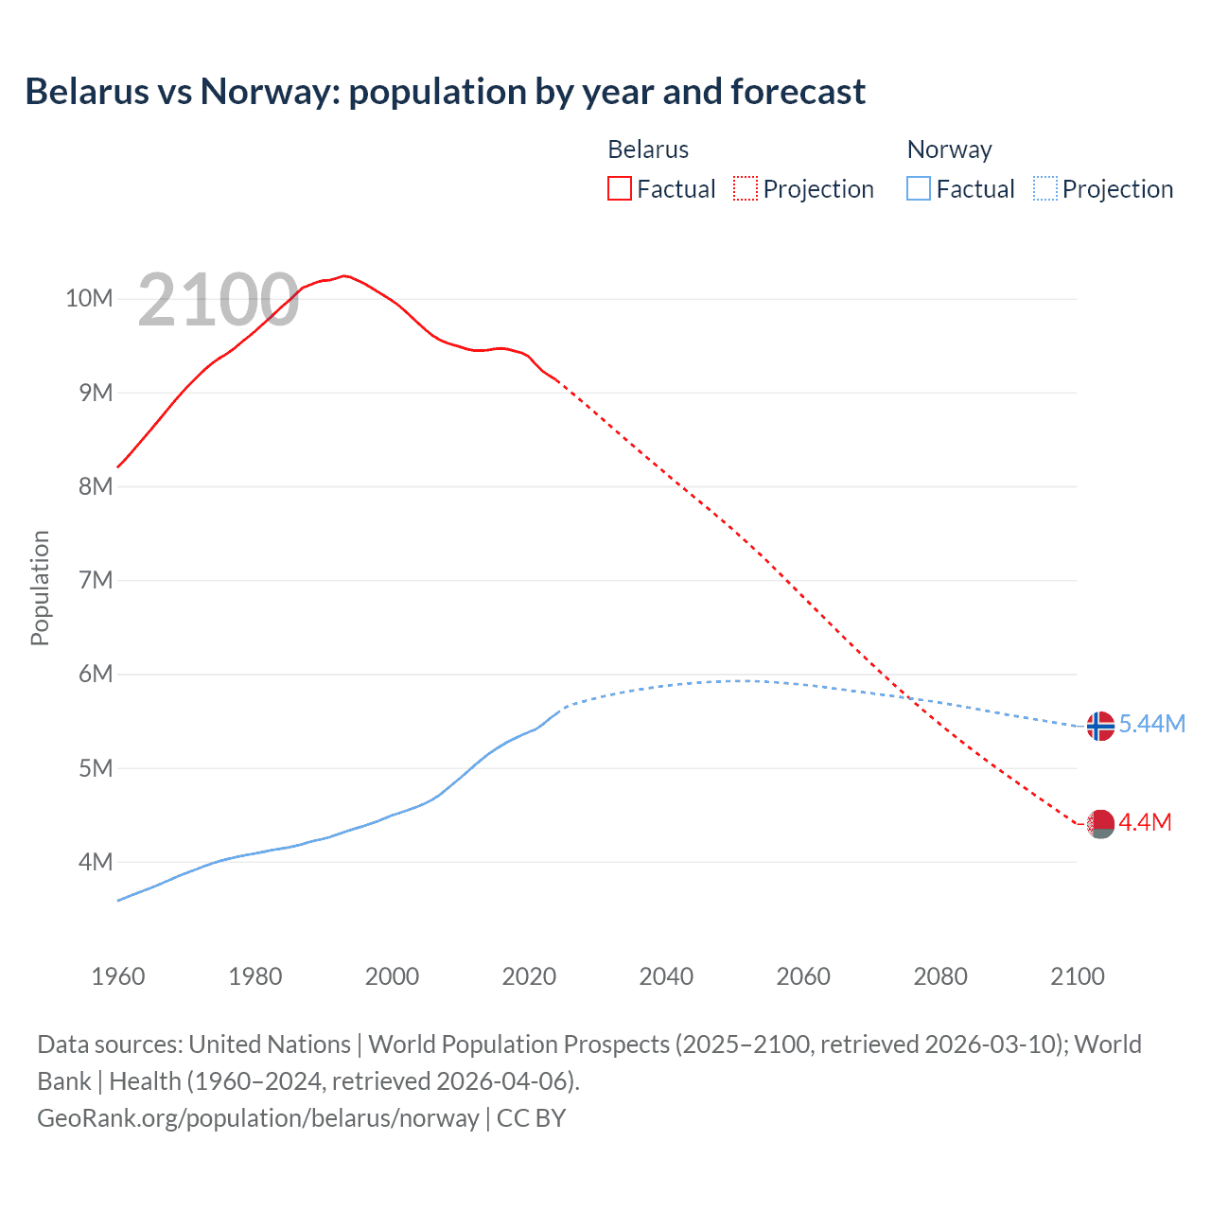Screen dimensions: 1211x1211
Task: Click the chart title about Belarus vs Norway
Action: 445,92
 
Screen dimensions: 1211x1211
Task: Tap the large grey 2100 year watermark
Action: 219,300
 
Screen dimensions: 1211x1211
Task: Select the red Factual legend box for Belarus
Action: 619,188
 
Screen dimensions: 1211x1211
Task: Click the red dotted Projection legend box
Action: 746,188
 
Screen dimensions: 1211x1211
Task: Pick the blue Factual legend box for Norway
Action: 918,188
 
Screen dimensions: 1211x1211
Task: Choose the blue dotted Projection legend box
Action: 1044,188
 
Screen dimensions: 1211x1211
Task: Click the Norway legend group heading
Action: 949,149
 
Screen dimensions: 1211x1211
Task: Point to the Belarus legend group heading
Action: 648,149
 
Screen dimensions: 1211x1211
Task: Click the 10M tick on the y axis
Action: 89,299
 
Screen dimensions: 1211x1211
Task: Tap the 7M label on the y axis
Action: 96,580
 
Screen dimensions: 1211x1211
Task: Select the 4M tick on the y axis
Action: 96,862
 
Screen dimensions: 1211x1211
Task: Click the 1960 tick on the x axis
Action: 118,976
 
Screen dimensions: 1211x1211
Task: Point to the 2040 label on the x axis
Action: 666,976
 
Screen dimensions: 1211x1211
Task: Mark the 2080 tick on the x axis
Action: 940,976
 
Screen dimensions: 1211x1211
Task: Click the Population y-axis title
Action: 40,588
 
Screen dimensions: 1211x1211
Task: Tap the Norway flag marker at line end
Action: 1100,726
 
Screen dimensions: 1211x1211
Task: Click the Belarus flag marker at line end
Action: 1100,824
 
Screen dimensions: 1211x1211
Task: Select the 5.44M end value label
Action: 1151,724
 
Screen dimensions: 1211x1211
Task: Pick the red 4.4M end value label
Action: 1145,822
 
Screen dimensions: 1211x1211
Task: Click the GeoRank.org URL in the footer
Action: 258,1118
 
